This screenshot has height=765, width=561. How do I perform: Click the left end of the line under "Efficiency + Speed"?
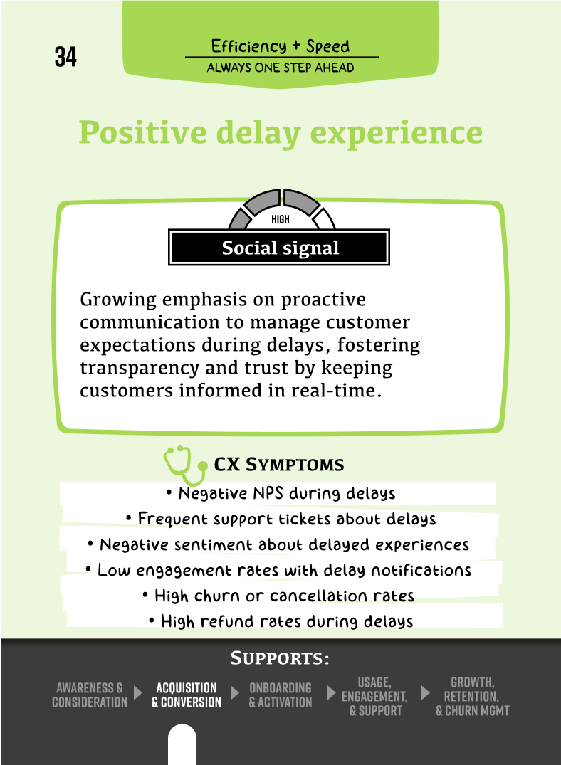tap(186, 57)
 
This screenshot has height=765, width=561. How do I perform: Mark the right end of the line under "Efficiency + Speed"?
tap(379, 57)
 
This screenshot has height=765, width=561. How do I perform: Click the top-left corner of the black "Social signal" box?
tap(169, 229)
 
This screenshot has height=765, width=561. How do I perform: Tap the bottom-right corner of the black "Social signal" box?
tap(389, 265)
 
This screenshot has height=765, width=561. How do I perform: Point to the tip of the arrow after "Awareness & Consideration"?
tap(142, 693)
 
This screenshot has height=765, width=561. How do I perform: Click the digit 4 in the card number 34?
tap(70, 57)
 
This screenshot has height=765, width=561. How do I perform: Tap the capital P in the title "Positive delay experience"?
tap(90, 132)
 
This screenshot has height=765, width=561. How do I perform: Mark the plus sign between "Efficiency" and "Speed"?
tap(296, 46)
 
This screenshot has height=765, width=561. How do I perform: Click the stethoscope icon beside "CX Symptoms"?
tap(185, 465)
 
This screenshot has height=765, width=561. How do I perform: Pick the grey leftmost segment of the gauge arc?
tap(239, 219)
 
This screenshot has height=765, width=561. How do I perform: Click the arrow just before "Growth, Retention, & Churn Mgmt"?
tap(425, 693)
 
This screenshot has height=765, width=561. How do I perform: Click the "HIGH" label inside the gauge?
tap(280, 220)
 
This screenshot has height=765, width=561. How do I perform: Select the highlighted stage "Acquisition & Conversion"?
tap(186, 695)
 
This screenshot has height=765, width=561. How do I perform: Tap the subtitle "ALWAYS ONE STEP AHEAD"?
tap(280, 68)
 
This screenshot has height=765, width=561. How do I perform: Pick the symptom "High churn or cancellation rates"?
tap(279, 596)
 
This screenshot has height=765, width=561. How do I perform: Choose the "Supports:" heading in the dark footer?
tap(280, 658)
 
